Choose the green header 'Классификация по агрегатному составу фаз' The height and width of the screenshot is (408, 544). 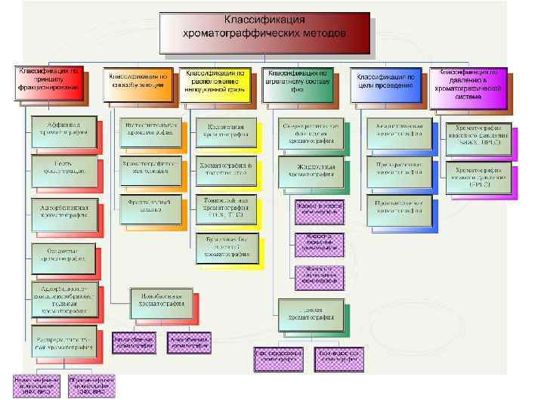296,85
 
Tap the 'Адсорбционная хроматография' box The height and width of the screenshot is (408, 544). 63,212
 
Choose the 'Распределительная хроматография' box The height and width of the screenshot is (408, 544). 63,341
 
